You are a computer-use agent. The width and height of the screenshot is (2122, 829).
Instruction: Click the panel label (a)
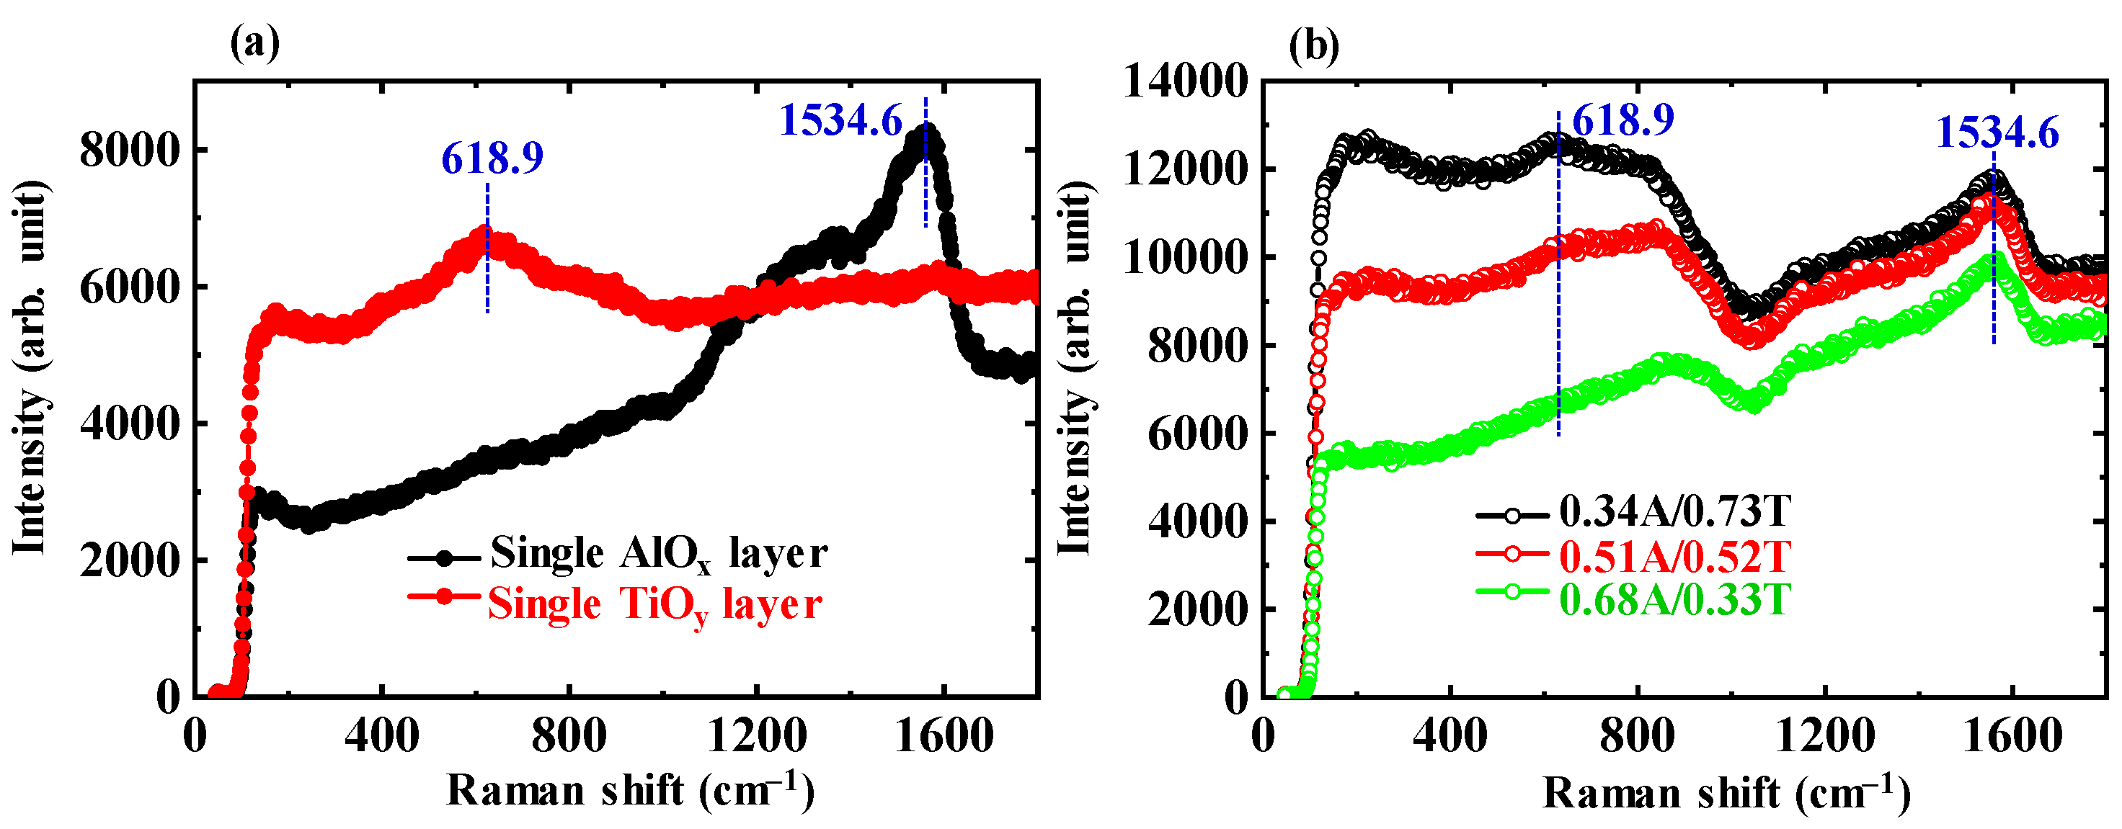(254, 42)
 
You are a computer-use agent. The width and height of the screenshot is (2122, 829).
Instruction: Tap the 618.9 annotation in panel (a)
(492, 158)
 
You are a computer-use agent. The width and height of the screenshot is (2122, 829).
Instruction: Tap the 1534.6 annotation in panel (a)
(840, 120)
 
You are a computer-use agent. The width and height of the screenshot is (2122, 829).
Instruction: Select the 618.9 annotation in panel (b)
(1622, 120)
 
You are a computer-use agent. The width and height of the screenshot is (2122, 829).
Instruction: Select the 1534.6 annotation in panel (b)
(1997, 133)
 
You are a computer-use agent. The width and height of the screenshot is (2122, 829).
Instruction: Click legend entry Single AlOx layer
(658, 552)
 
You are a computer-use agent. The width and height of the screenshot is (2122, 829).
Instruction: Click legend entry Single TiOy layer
(655, 604)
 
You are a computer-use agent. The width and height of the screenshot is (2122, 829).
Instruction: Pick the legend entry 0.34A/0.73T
(1674, 511)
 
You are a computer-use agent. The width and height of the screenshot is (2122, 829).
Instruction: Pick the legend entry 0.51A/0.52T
(1674, 557)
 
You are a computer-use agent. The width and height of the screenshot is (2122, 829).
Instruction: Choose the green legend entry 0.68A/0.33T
(1674, 599)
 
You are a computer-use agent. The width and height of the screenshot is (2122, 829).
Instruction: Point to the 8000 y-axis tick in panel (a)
(129, 150)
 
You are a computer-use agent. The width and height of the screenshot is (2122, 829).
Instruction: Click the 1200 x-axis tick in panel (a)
(756, 735)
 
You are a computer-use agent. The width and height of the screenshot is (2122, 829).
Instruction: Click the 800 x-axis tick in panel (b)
(1637, 735)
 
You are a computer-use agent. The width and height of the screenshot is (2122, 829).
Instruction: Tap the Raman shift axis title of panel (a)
(630, 790)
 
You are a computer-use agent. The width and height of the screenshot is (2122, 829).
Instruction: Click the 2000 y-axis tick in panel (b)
(1198, 610)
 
